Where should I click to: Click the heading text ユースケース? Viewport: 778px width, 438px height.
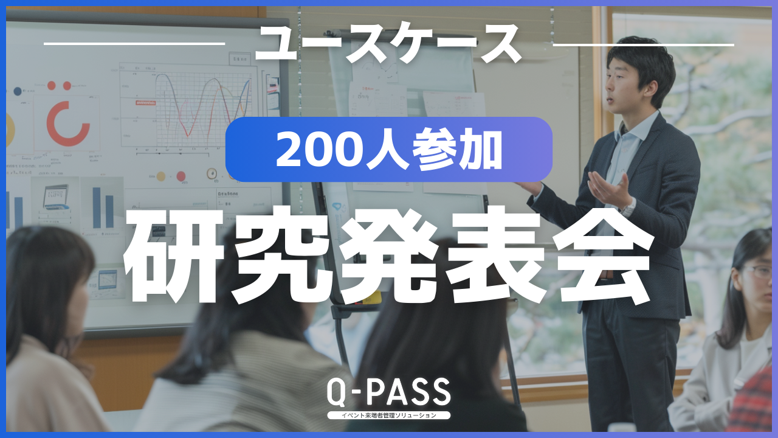[x=388, y=45]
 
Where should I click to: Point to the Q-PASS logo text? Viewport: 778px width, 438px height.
[x=388, y=393]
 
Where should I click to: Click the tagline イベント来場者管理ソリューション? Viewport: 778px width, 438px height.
[x=388, y=415]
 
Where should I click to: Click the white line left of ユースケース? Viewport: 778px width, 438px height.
[x=134, y=44]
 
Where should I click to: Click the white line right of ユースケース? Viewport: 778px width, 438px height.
[x=643, y=44]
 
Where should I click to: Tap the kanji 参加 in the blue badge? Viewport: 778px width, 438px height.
[x=458, y=150]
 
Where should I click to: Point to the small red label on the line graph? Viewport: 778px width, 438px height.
[x=145, y=103]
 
